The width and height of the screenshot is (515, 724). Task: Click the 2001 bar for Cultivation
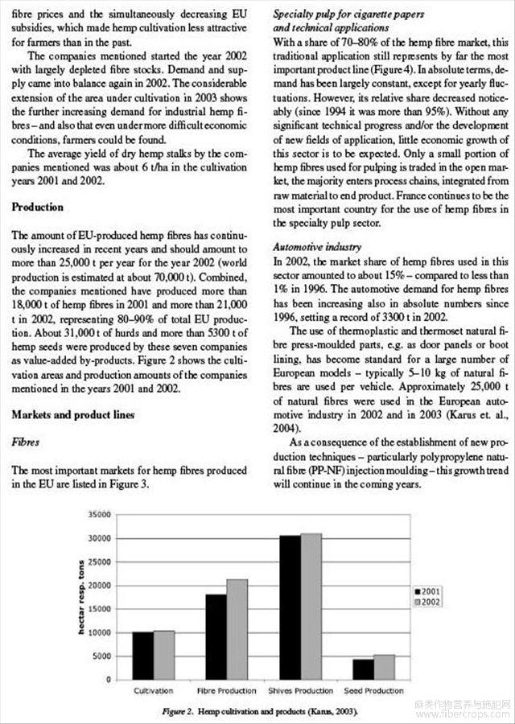[142, 656]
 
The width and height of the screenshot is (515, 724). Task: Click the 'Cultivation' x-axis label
[153, 691]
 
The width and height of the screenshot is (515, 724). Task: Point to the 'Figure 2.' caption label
[178, 712]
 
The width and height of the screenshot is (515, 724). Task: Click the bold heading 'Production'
[37, 207]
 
